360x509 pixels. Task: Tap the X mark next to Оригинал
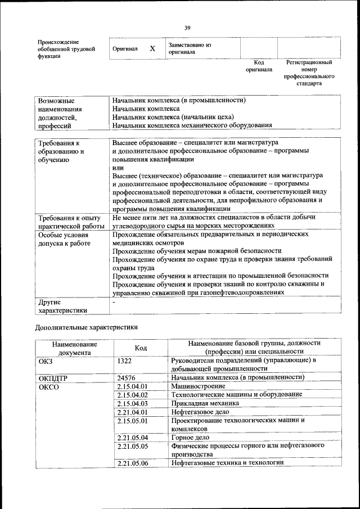click(x=152, y=49)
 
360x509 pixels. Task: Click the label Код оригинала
click(x=259, y=66)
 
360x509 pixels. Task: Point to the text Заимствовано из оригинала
click(x=189, y=48)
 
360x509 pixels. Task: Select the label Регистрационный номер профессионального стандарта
click(x=309, y=73)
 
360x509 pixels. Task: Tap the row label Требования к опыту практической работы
click(x=68, y=221)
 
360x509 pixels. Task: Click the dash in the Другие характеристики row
click(x=114, y=303)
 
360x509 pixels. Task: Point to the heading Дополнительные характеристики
click(x=86, y=327)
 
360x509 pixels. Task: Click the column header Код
click(x=141, y=348)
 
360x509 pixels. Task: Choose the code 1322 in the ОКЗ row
click(x=124, y=360)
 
